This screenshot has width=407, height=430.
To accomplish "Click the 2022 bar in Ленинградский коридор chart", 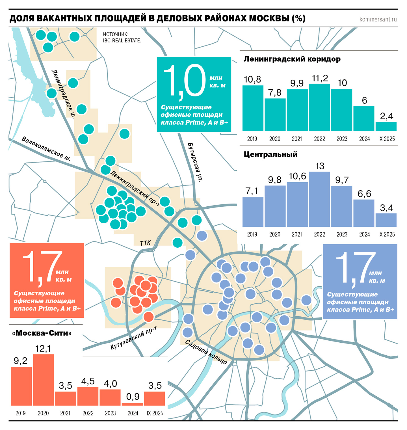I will [x=319, y=107].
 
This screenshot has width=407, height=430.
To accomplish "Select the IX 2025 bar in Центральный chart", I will [x=386, y=220].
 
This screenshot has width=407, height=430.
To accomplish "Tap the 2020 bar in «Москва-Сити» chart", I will [x=44, y=380].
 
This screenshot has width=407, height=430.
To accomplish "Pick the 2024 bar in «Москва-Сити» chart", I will [x=133, y=404].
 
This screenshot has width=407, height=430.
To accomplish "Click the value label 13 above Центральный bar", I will [x=320, y=166].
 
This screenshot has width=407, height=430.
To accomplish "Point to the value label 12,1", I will [x=43, y=349].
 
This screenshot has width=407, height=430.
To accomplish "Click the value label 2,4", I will [x=386, y=116].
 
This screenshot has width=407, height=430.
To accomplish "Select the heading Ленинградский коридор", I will [x=292, y=59].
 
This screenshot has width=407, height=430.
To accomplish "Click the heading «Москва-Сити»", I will [x=42, y=333].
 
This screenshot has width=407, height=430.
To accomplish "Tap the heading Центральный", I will [x=270, y=154].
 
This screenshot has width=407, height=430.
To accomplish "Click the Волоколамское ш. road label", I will [x=46, y=149].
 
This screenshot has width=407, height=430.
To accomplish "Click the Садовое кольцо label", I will [x=206, y=352].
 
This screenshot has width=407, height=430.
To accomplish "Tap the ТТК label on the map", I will [x=145, y=243].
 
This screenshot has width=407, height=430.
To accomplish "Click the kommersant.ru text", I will [x=378, y=19].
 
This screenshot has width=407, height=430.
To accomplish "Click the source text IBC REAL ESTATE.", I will [x=122, y=40].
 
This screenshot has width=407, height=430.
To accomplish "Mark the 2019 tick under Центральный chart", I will [x=252, y=234].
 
